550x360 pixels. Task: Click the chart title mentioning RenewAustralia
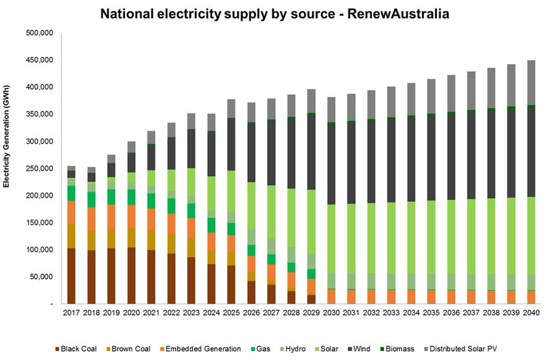point(274,12)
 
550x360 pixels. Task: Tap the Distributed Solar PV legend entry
point(467,348)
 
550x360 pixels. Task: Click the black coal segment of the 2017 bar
point(71,275)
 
